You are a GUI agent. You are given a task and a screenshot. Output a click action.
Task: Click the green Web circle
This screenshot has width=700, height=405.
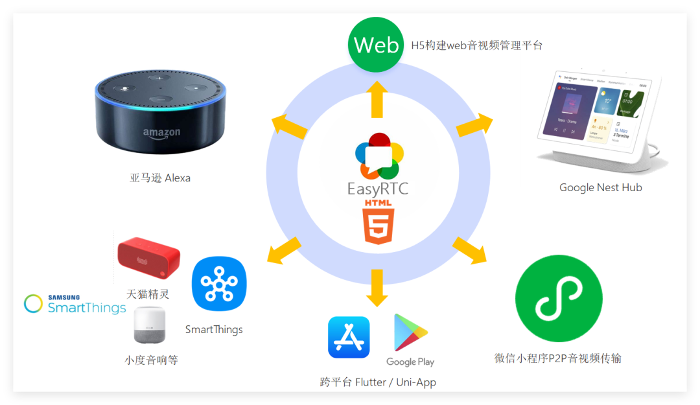coord(376,45)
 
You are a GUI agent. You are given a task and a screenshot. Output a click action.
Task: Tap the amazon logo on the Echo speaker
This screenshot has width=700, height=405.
coord(161,133)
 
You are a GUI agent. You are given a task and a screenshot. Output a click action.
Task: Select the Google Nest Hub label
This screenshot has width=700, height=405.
coord(600,188)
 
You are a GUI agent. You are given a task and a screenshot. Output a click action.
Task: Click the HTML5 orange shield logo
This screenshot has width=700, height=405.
coord(379,226)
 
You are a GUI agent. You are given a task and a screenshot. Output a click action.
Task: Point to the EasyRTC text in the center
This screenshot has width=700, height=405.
coord(378,189)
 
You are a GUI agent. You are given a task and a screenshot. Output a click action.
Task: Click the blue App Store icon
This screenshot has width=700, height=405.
coord(349,337)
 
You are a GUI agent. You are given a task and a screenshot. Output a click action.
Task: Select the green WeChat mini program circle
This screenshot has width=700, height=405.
coord(559,298)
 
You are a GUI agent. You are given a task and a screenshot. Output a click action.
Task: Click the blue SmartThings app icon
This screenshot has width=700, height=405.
coord(219,284)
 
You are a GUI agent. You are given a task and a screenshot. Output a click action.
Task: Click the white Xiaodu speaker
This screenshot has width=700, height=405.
coord(150,325)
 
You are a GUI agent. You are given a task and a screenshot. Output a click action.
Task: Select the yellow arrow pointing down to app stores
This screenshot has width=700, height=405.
coord(377,288)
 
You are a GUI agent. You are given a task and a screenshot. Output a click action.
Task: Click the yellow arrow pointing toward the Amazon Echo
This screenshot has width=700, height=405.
coord(288,126)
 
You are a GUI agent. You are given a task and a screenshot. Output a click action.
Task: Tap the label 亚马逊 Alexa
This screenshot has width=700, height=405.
coord(160,178)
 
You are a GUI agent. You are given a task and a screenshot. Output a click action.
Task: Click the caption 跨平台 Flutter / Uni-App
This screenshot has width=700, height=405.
coord(378,382)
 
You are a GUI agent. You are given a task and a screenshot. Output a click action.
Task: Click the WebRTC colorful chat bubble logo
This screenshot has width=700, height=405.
coord(379,156)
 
